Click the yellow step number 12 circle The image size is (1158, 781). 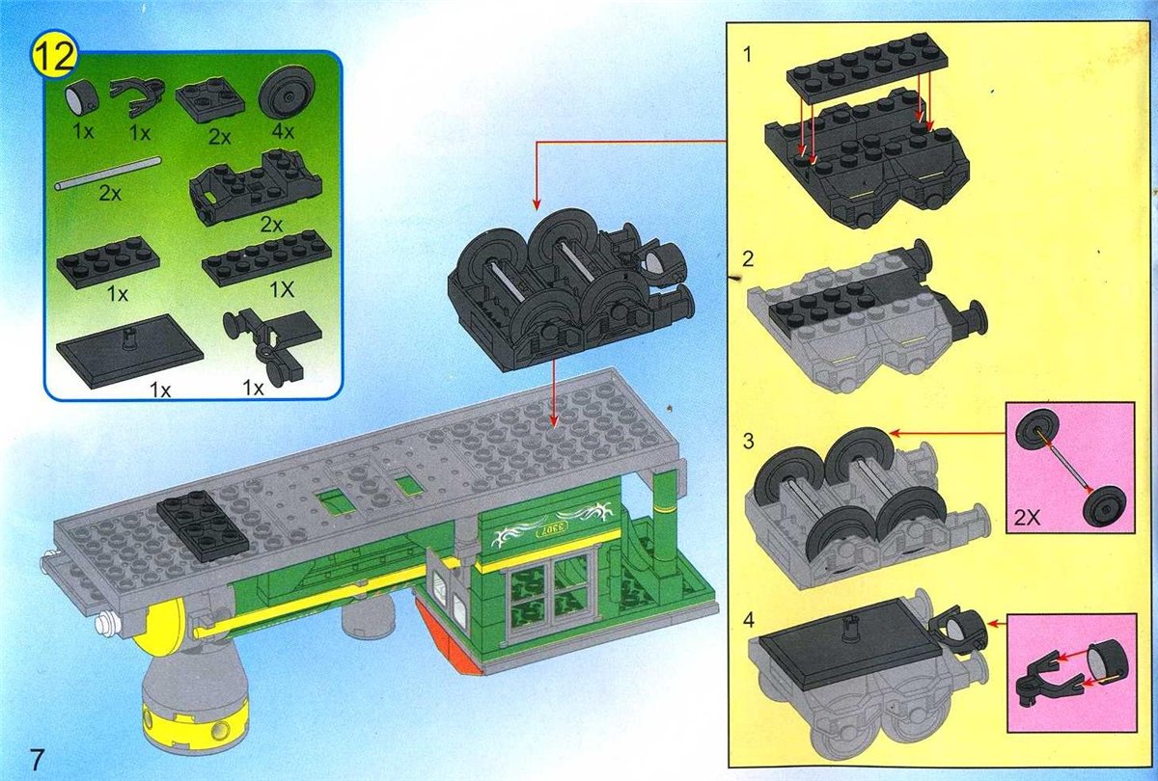[55, 56]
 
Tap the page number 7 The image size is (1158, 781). [37, 759]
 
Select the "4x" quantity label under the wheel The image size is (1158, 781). [282, 132]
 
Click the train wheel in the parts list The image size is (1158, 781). [282, 96]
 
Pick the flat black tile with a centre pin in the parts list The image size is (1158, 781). [129, 350]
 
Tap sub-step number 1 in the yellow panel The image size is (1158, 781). [747, 55]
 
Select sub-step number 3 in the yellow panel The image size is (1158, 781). [748, 442]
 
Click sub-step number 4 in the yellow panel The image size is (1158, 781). [748, 620]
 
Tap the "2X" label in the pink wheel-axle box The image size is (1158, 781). [1027, 518]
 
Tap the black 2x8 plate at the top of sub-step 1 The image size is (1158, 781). [859, 67]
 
